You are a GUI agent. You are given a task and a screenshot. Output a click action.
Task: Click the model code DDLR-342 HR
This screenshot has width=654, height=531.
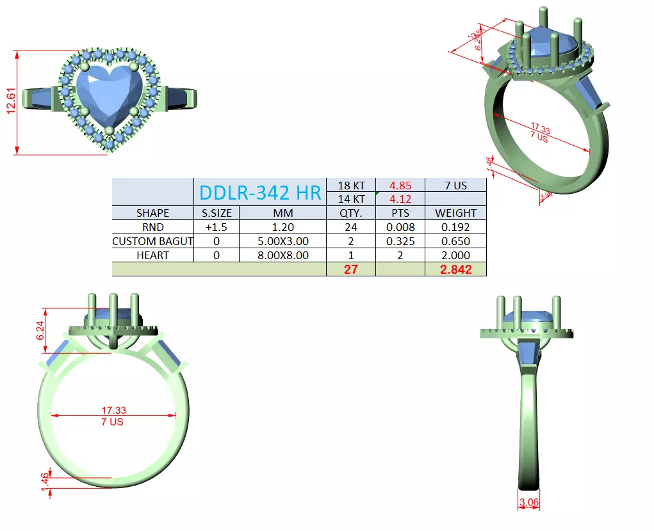[260, 192]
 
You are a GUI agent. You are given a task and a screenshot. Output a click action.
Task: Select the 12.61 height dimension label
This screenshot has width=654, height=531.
[11, 102]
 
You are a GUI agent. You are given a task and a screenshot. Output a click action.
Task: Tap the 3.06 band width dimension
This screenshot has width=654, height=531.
[528, 503]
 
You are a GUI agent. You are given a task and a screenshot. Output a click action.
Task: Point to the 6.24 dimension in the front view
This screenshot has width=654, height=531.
[40, 330]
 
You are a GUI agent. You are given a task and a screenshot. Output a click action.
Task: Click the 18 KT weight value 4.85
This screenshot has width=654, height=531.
[400, 186]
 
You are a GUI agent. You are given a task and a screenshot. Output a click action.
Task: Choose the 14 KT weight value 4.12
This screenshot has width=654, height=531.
[400, 199]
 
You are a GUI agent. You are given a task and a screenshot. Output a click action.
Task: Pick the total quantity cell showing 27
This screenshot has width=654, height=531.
[351, 269]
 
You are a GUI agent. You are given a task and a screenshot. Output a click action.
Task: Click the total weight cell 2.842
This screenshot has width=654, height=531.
[455, 269]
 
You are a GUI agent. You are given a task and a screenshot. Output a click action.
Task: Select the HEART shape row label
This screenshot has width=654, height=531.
[152, 255]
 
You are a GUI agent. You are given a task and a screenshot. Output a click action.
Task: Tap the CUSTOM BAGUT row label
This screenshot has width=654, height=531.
[152, 241]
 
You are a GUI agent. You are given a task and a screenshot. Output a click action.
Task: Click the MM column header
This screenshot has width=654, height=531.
[283, 213]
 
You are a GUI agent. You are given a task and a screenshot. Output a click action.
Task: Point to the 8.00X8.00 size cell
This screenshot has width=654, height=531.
[283, 255]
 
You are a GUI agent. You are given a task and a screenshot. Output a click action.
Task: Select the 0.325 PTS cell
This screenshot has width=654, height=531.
[400, 241]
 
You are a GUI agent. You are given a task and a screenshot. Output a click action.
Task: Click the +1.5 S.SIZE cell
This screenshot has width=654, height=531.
[217, 227]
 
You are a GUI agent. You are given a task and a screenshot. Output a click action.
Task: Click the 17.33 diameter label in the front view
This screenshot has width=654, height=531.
[113, 410]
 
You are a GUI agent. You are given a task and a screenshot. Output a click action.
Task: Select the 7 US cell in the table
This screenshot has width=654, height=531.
[455, 186]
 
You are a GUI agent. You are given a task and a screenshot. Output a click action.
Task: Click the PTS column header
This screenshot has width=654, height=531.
[400, 213]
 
